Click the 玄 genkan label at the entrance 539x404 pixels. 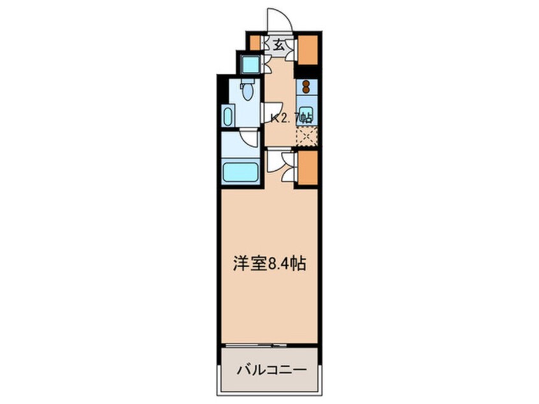(x=279, y=45)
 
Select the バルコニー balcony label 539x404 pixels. (x=268, y=370)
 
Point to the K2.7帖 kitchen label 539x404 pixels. (x=291, y=118)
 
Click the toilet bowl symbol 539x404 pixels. (x=248, y=92)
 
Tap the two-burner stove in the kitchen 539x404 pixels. (x=306, y=86)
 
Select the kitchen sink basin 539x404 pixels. (x=306, y=112)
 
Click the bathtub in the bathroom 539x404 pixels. (x=240, y=172)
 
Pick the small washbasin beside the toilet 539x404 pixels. (x=228, y=117)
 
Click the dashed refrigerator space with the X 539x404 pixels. (x=306, y=136)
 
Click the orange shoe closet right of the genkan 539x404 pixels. (x=307, y=49)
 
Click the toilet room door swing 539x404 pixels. (x=269, y=113)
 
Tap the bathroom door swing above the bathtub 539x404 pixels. (x=250, y=138)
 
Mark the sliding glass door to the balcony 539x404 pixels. (x=269, y=345)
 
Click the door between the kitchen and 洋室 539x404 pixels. (x=275, y=161)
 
